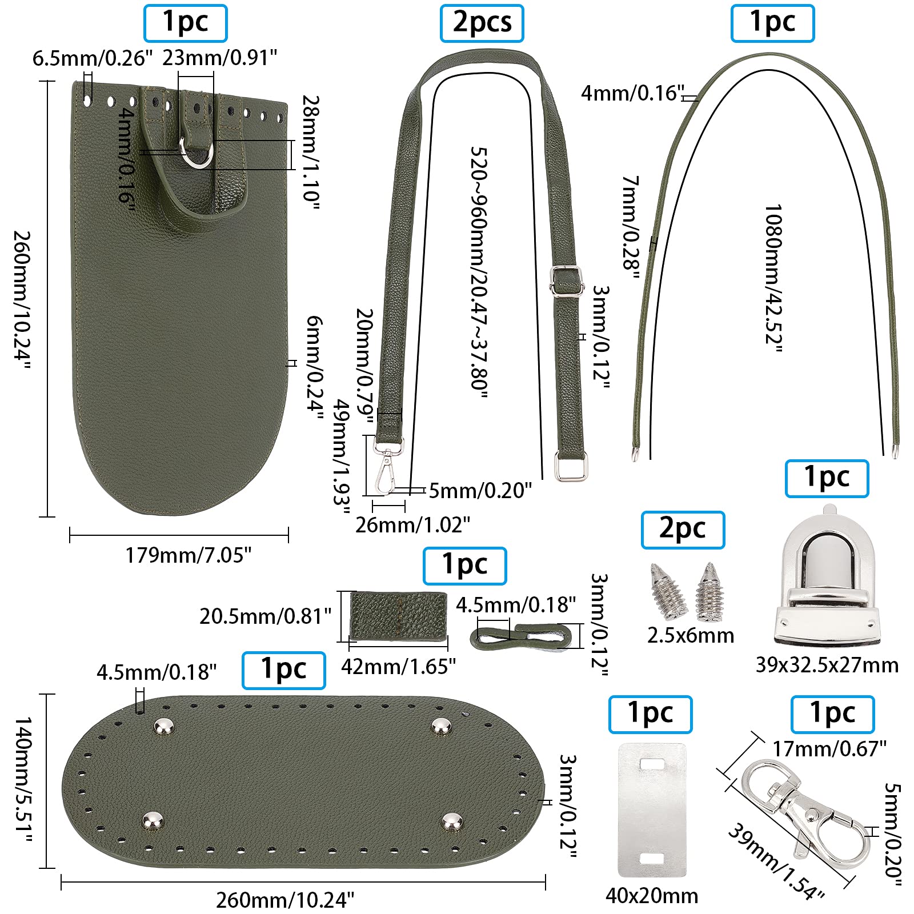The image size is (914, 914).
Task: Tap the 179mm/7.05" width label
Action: (x=189, y=555)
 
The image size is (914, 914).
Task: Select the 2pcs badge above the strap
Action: (x=482, y=23)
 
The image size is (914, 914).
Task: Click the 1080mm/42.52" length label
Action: (x=773, y=278)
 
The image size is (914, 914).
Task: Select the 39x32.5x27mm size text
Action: (x=827, y=665)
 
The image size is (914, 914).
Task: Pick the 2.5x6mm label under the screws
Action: (x=690, y=635)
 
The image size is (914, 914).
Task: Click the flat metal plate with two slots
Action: (x=652, y=809)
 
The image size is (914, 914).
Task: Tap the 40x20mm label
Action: (x=652, y=896)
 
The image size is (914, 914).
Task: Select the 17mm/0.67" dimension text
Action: (x=829, y=748)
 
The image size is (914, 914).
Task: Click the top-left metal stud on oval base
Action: (x=165, y=727)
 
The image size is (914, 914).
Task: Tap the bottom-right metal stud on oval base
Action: (x=453, y=822)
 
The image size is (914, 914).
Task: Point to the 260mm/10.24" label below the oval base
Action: (x=285, y=900)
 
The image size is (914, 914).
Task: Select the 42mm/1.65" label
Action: (x=398, y=666)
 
